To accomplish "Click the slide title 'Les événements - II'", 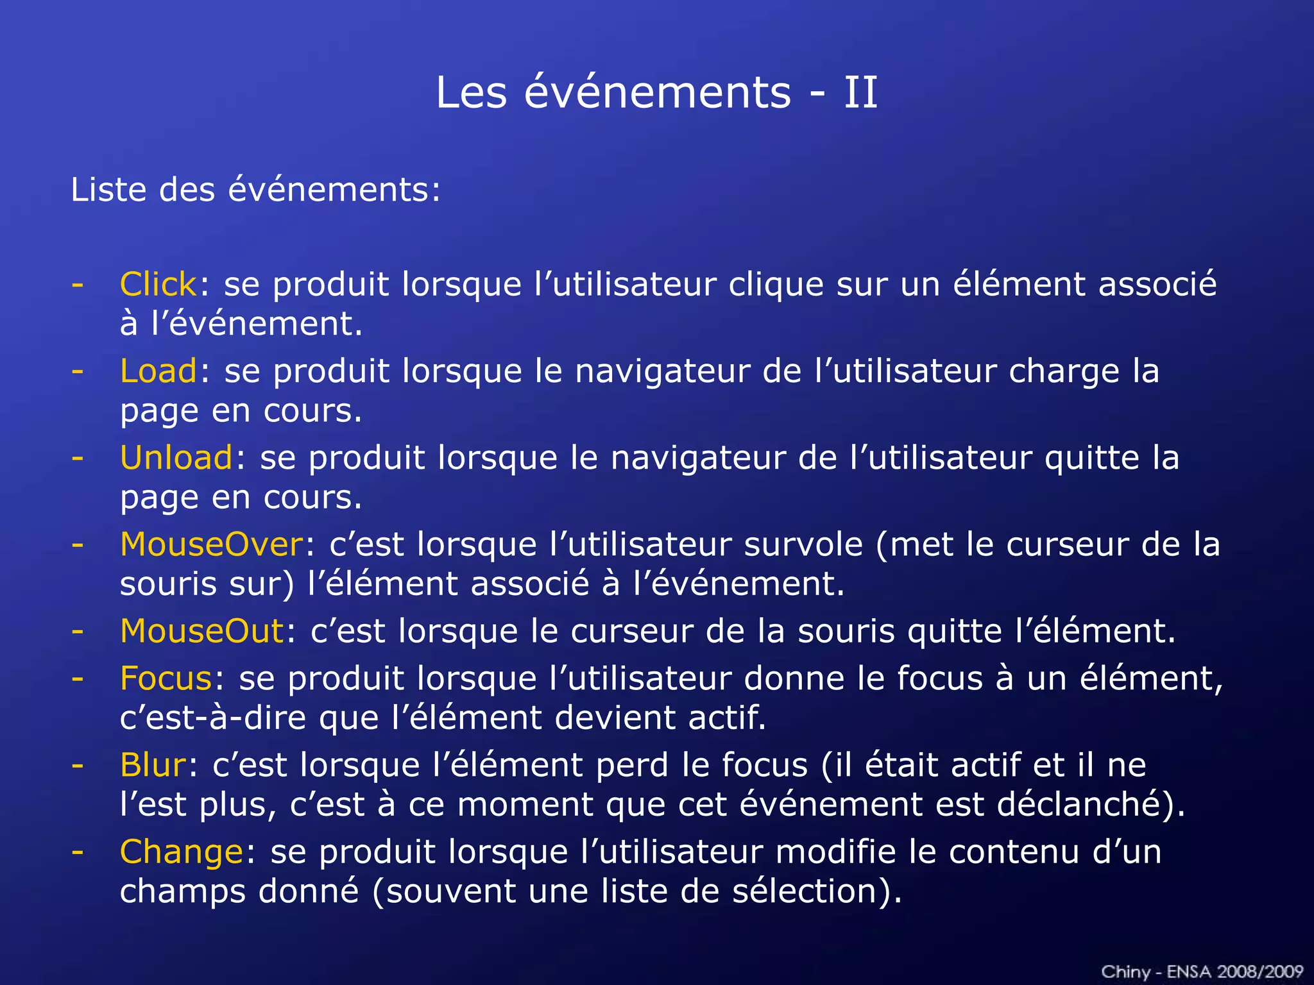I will (x=656, y=92).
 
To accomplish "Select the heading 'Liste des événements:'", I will (x=255, y=190).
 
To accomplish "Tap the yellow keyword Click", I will (x=158, y=284).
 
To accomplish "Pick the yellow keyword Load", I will (x=158, y=371).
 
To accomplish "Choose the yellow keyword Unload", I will (x=176, y=458).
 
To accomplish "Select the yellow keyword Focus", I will (x=166, y=678).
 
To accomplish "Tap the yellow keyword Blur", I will (x=153, y=765).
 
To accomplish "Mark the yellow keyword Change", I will (x=182, y=852).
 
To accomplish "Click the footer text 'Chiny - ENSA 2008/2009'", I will (x=1202, y=972).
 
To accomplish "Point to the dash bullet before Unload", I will (x=78, y=458).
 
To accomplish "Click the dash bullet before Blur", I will (x=78, y=765).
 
